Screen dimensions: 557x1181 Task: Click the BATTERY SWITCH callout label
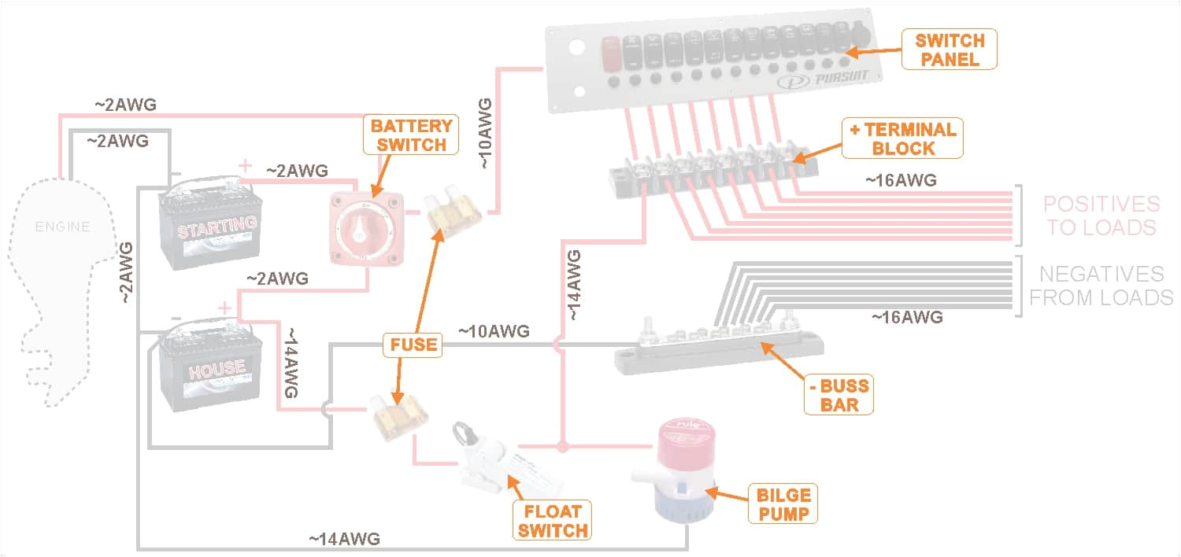(x=411, y=135)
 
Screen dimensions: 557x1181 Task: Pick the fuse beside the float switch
(x=400, y=414)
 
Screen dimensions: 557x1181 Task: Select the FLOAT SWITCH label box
(x=553, y=520)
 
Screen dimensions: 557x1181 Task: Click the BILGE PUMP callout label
(x=783, y=504)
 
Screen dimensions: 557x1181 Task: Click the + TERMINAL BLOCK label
(x=902, y=138)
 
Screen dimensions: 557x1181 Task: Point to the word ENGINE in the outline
(x=62, y=227)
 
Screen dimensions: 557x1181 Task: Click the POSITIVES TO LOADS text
(x=1101, y=216)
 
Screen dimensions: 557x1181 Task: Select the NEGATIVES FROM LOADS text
(x=1101, y=286)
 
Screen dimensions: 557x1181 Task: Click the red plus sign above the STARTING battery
(x=246, y=165)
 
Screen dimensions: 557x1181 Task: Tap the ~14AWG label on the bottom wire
(x=344, y=539)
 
